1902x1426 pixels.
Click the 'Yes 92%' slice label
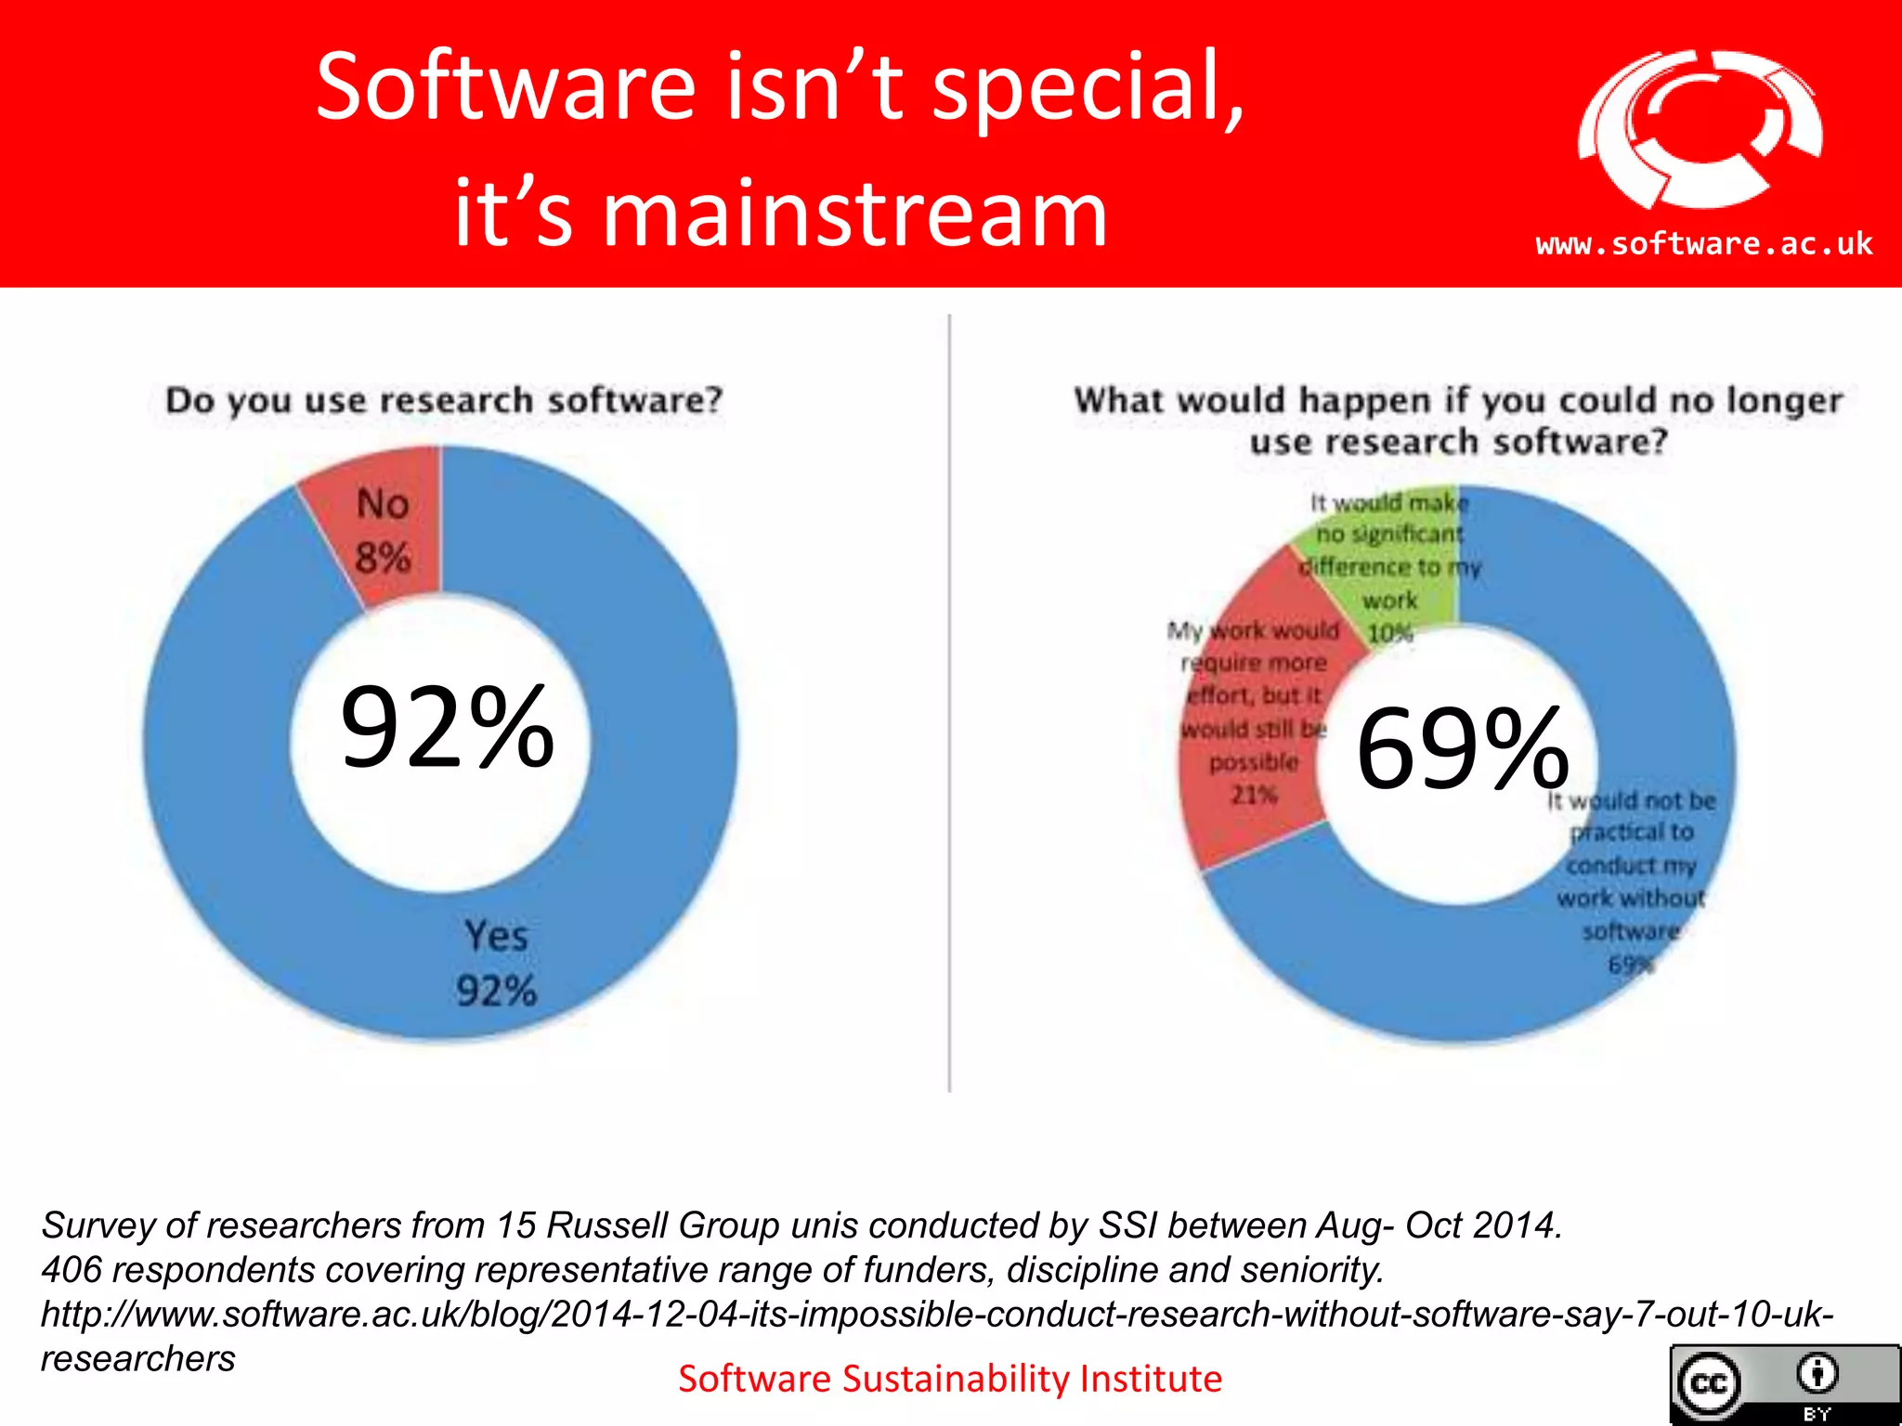(496, 963)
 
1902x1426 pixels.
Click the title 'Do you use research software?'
(444, 400)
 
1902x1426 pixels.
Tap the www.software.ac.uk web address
(1703, 244)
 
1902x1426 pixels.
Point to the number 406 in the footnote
(71, 1270)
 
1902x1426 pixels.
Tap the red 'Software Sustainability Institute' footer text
(949, 1379)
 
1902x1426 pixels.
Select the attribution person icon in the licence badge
(1817, 1374)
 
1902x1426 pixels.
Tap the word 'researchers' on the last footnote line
(138, 1359)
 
